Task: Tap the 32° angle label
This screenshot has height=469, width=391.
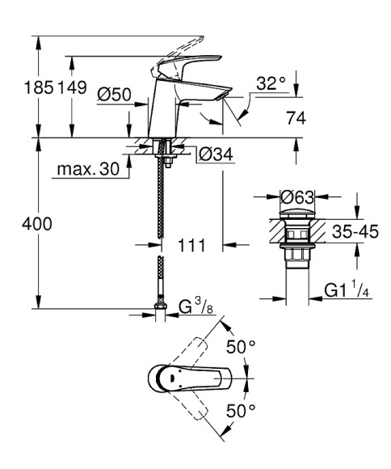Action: pyautogui.click(x=271, y=82)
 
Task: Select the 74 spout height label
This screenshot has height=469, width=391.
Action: pyautogui.click(x=296, y=118)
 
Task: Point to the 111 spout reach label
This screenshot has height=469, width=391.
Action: pyautogui.click(x=191, y=243)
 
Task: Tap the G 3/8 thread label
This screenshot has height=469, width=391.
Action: pyautogui.click(x=195, y=308)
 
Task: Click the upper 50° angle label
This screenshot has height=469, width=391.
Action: pyautogui.click(x=240, y=347)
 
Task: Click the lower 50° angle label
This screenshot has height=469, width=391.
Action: pyautogui.click(x=240, y=411)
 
